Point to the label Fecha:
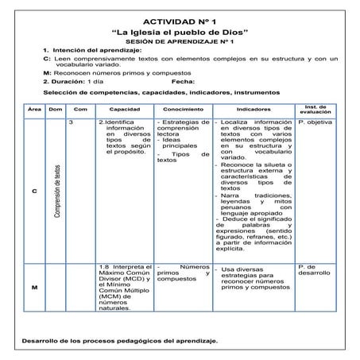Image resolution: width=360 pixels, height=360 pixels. click(183, 81)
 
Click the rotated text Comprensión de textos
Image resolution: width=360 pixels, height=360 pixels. click(56, 191)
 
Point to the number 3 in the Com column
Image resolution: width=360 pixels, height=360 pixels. click(72, 122)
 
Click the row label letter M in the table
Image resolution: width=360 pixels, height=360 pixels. click(33, 287)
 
